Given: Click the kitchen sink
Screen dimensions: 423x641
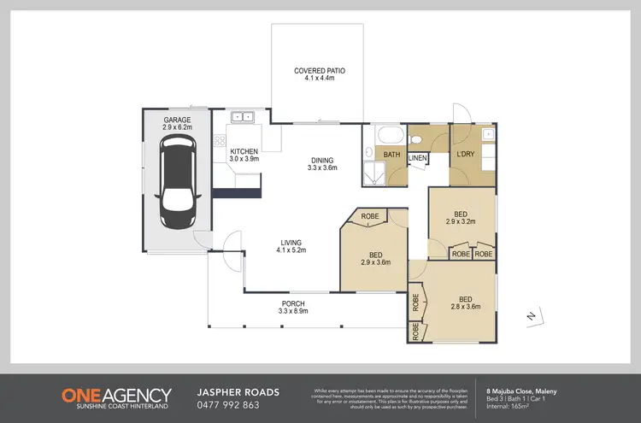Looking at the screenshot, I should point(241,116).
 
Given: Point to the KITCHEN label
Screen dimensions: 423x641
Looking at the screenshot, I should point(244,155).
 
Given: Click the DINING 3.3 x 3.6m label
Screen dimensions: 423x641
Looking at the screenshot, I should point(322,163).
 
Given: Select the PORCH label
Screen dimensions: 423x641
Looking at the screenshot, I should point(293,308).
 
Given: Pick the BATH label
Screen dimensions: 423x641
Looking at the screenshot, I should point(391,155).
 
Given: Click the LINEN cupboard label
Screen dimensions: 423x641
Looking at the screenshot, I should point(417,158).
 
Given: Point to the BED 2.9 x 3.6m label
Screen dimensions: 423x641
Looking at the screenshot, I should point(376,258).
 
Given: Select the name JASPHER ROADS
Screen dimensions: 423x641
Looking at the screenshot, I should point(238,392).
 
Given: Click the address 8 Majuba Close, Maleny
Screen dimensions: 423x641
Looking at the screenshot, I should point(520,391).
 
